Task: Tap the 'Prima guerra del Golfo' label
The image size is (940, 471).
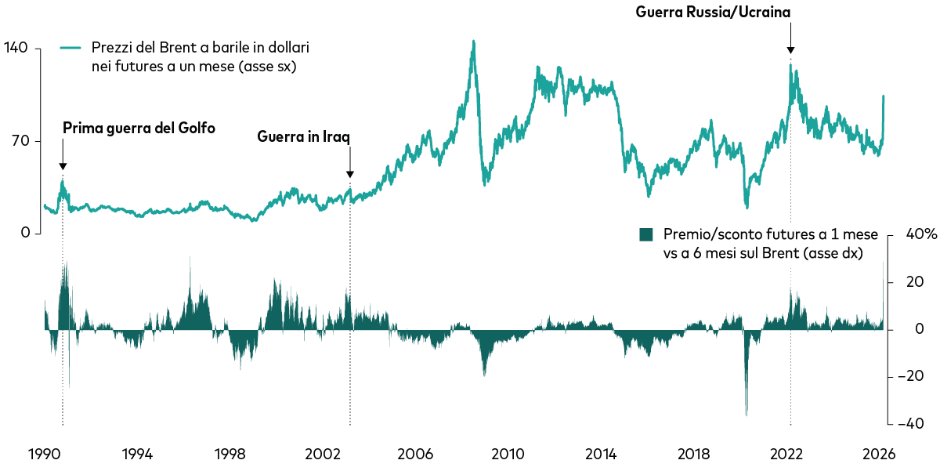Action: [139, 128]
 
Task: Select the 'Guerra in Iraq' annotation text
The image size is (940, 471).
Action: [304, 136]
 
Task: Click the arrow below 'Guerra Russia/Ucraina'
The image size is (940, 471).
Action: [790, 39]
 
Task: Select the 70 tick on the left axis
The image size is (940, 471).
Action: [20, 141]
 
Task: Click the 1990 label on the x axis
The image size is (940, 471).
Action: [45, 454]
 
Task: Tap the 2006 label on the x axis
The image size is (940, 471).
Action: [415, 454]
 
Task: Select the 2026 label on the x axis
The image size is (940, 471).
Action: [880, 454]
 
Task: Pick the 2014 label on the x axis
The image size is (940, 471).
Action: [601, 454]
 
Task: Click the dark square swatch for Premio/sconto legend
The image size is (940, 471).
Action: [646, 234]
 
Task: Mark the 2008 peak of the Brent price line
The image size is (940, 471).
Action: [473, 42]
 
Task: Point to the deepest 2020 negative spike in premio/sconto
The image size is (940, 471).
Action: [747, 415]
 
